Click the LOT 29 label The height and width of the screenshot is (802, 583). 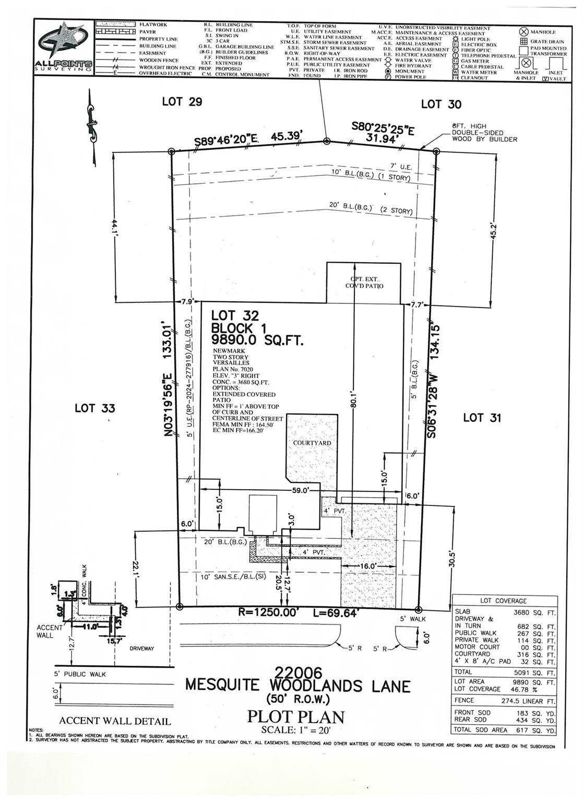click(x=182, y=101)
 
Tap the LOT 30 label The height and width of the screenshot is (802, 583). click(x=441, y=104)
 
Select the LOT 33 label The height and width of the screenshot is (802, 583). click(x=94, y=408)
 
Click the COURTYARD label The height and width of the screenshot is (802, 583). click(x=312, y=443)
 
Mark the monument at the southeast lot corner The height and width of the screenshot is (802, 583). click(x=418, y=609)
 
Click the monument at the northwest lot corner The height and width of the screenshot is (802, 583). click(x=172, y=151)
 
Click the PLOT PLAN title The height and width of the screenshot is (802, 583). click(x=295, y=716)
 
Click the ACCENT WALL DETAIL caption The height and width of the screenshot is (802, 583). click(x=115, y=721)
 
